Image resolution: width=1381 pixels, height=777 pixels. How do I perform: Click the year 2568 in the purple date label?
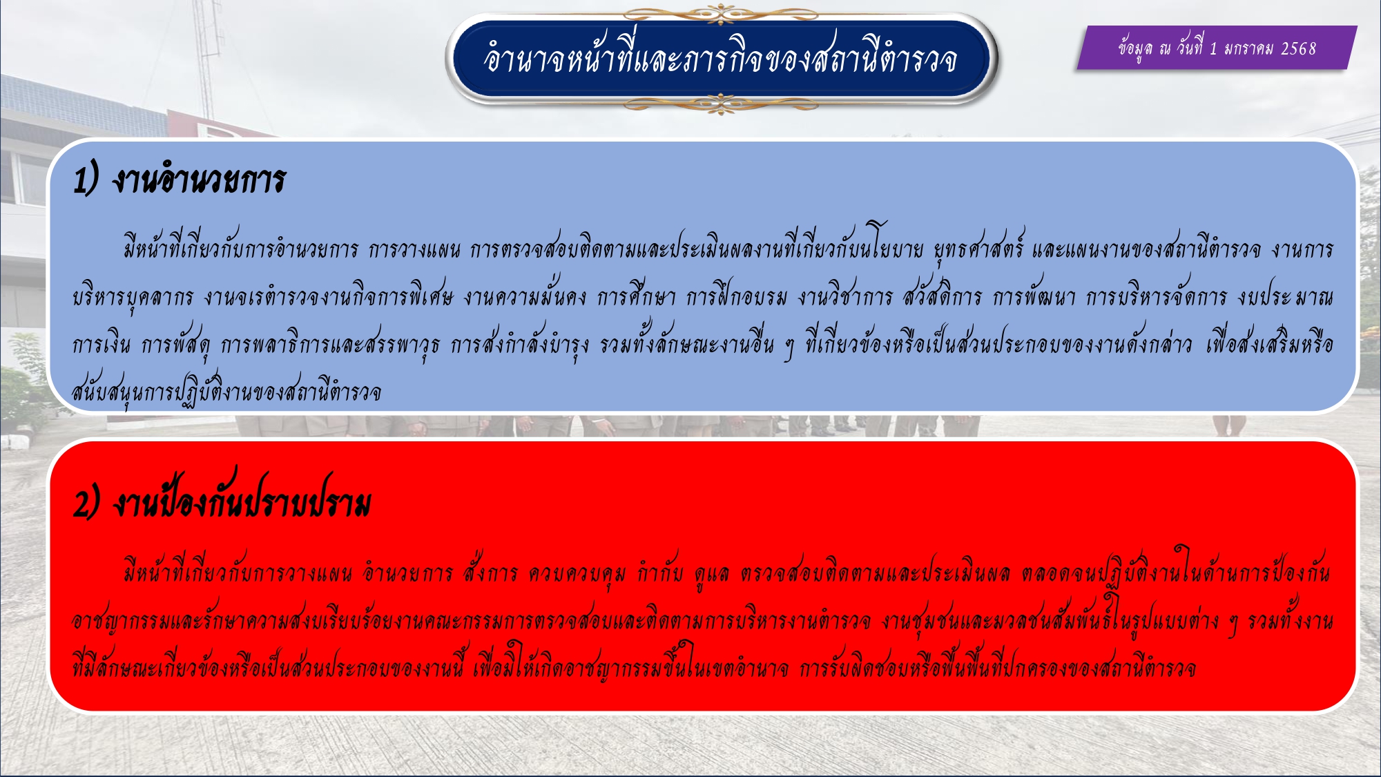(x=1298, y=48)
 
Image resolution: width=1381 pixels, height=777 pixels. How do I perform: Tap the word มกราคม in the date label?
(x=1249, y=48)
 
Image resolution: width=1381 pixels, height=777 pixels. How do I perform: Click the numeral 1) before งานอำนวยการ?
(x=86, y=180)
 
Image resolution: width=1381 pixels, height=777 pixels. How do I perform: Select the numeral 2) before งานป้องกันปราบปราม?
(x=87, y=503)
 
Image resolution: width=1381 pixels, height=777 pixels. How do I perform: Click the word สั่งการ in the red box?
(x=490, y=573)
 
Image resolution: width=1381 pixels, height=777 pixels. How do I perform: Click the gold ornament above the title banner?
(x=721, y=13)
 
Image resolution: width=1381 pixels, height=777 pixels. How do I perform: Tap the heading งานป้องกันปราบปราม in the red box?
(x=242, y=499)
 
